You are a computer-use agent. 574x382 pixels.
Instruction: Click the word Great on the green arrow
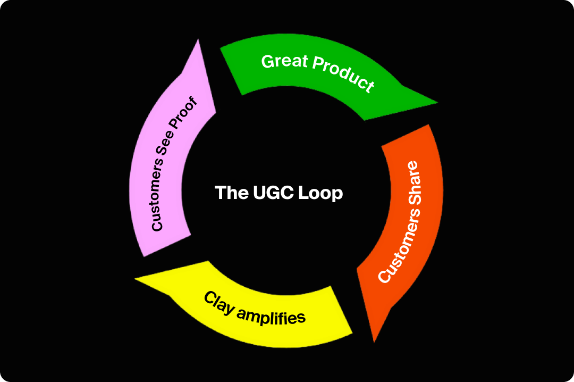point(285,62)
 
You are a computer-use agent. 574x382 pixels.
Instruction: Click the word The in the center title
point(229,192)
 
